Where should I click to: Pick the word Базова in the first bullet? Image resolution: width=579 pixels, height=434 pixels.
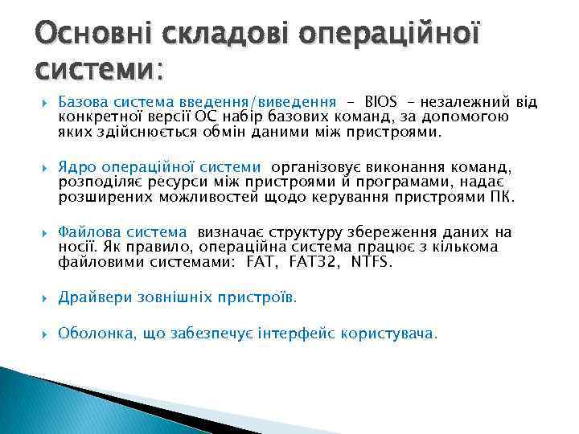(x=82, y=102)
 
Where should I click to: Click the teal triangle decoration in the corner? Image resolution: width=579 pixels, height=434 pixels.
(x=48, y=402)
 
